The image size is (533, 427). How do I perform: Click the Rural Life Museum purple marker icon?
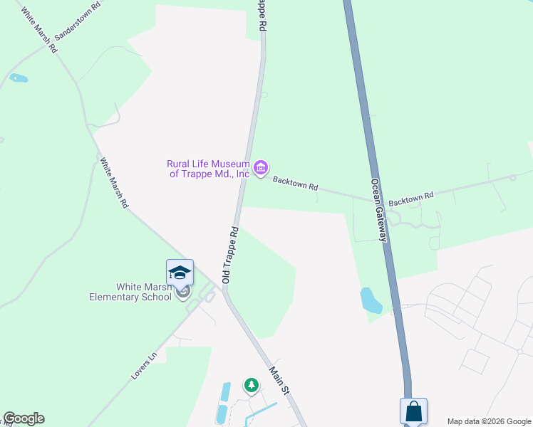point(261,168)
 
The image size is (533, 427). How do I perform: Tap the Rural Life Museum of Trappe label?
point(209,169)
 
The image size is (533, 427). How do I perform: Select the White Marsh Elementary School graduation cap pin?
point(180,272)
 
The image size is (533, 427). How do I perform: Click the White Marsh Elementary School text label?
point(131,292)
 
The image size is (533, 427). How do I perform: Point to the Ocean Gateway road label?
point(378,209)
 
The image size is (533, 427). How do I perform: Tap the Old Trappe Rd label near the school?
point(229,255)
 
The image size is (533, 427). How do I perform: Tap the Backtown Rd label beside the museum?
point(295,184)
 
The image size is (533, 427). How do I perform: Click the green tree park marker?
point(251,386)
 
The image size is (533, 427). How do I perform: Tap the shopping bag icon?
point(413,411)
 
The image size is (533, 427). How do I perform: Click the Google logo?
point(24,418)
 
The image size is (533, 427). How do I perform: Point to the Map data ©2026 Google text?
point(489,421)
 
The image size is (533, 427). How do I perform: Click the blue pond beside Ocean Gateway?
point(371,300)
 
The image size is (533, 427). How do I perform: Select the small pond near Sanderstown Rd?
point(19,78)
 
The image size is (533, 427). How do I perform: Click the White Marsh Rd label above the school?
point(114,183)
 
